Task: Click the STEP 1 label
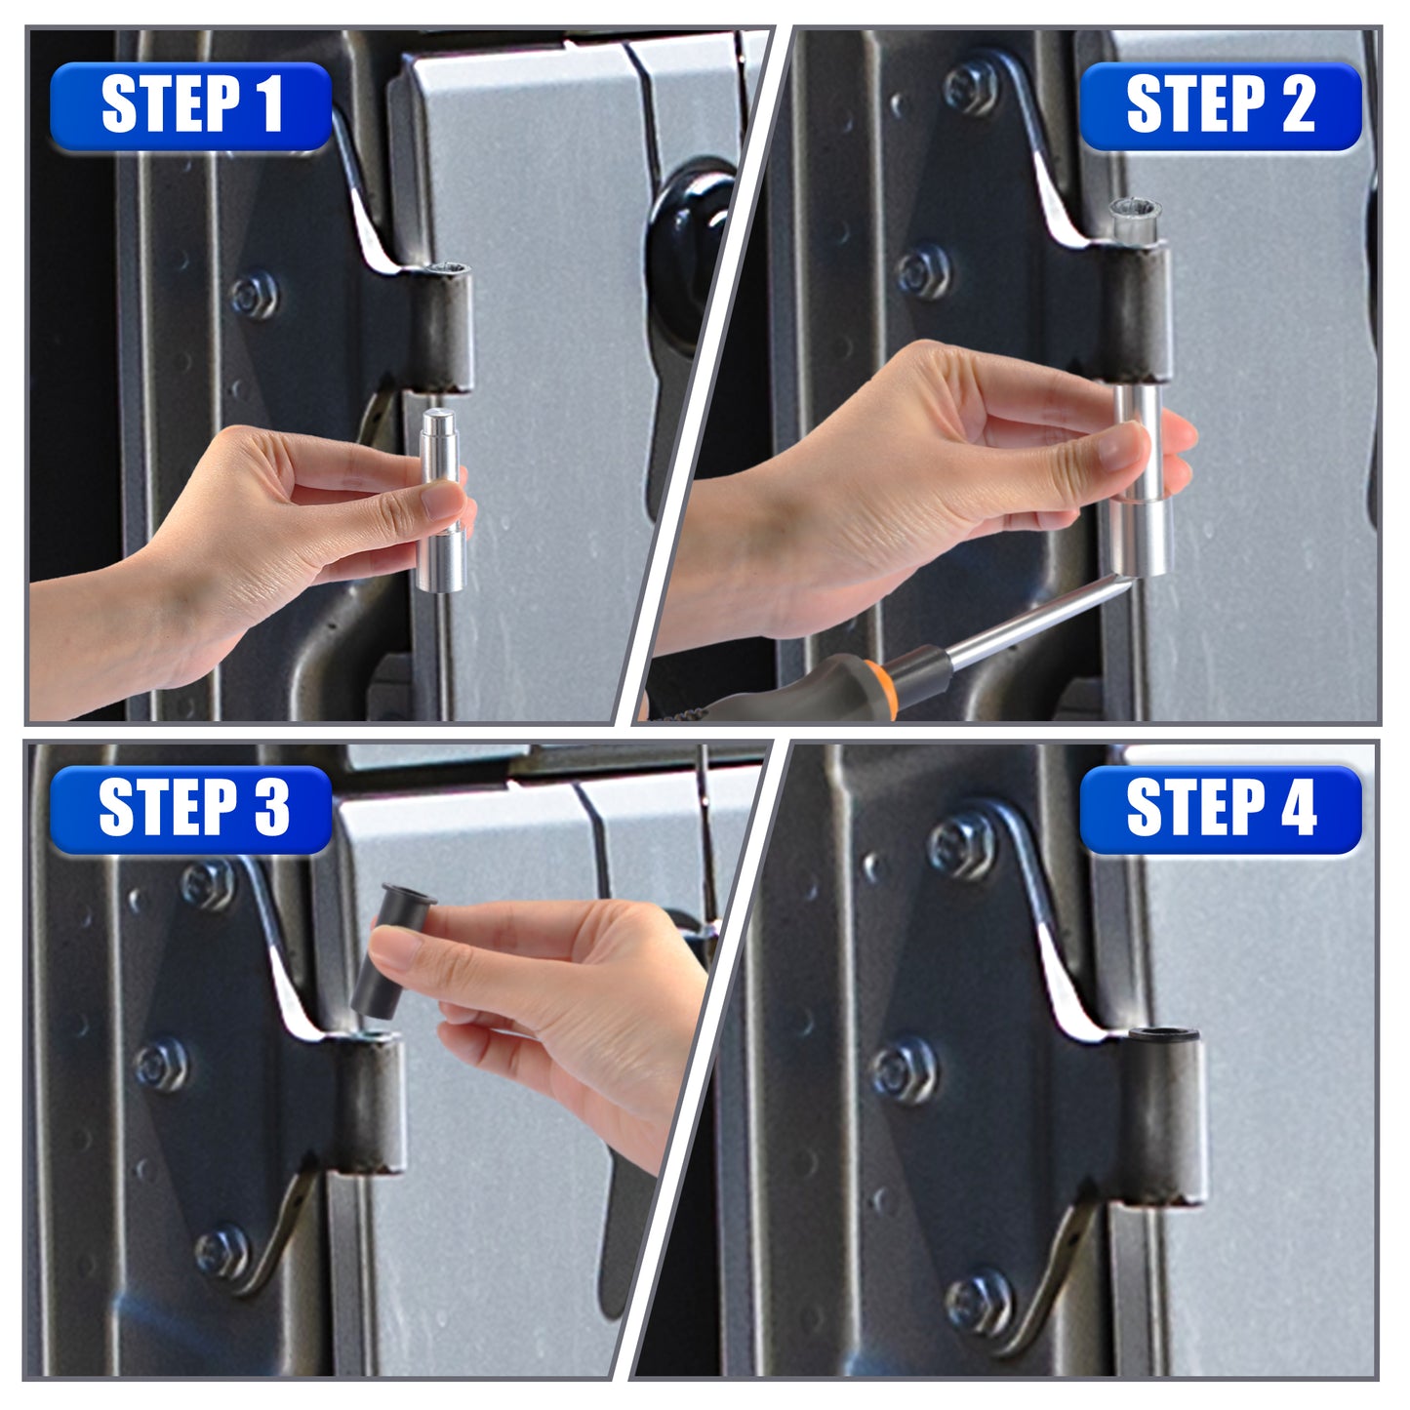click(x=191, y=106)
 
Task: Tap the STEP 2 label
click(x=1220, y=106)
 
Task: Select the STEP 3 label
click(x=191, y=809)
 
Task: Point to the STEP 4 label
click(x=1220, y=809)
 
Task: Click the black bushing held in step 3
click(x=393, y=951)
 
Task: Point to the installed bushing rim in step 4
click(x=1163, y=1034)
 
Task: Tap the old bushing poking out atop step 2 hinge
click(x=1134, y=221)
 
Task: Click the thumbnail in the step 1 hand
click(x=443, y=502)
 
